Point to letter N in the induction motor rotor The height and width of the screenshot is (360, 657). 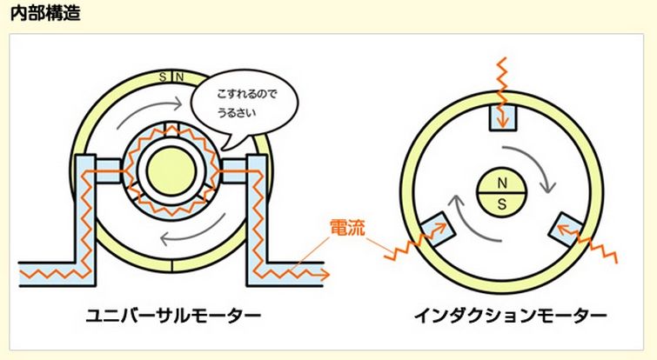(501, 182)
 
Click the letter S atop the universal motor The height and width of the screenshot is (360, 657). (163, 77)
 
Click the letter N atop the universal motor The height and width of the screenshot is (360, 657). (179, 77)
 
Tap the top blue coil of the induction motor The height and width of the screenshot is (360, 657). (502, 116)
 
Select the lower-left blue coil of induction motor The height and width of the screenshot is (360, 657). (438, 229)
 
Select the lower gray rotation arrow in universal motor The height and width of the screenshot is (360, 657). (187, 233)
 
